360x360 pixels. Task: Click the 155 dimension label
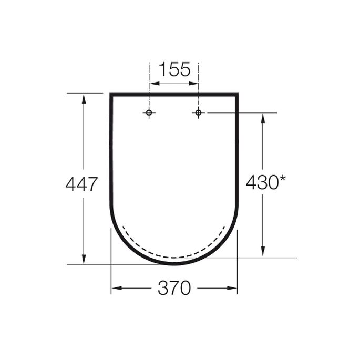[x=174, y=69]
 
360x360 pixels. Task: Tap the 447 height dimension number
[x=81, y=184]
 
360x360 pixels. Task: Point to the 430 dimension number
[x=261, y=183]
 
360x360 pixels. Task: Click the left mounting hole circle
[x=149, y=112]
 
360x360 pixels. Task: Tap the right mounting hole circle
[x=198, y=112]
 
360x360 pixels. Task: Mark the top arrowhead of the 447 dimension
[x=84, y=98]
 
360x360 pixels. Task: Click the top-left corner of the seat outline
[x=111, y=95]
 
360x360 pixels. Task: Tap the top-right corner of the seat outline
[x=237, y=95]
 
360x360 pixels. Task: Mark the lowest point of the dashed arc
[x=173, y=257]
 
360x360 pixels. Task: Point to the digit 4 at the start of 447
[x=70, y=184]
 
